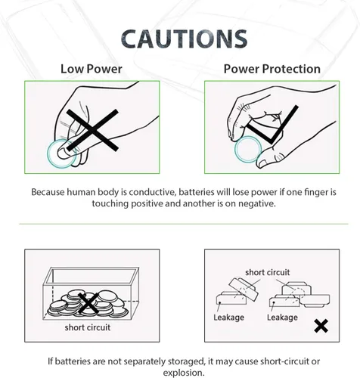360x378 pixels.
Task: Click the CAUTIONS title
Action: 184,39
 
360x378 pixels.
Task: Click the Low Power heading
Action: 92,69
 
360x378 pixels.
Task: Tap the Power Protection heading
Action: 272,69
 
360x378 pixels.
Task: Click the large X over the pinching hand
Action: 92,130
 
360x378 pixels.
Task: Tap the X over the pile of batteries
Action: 88,304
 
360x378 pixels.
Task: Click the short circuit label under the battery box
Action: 88,327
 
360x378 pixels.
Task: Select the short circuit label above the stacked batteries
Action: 268,272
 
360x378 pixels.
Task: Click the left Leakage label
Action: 228,318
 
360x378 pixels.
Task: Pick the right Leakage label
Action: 282,318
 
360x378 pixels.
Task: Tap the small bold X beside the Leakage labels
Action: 321,326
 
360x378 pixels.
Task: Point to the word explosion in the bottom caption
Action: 183,373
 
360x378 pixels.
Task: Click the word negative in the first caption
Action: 256,203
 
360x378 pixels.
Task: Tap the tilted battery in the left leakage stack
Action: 244,290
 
